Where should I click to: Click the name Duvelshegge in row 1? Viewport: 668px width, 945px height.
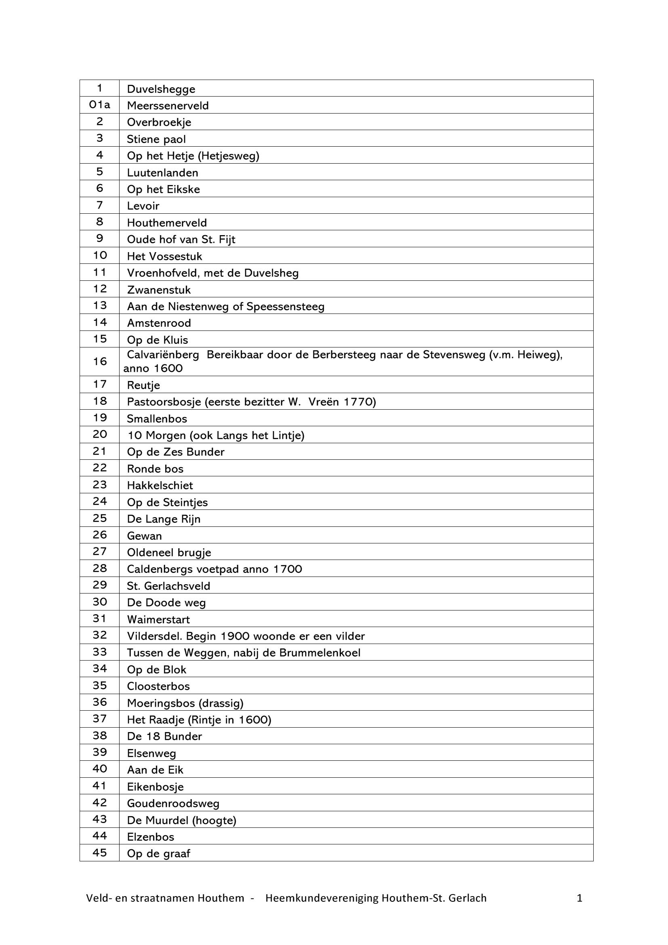tap(161, 89)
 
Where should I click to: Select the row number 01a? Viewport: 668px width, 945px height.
tap(99, 105)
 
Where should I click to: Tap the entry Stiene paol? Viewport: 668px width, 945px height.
tap(156, 139)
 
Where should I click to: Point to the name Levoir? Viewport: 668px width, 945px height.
tap(143, 206)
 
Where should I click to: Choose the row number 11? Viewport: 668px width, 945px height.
tap(99, 272)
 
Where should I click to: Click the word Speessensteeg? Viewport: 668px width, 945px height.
tap(285, 307)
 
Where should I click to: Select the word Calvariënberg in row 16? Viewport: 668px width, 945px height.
tap(163, 355)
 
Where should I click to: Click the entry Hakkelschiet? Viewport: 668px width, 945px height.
tap(160, 486)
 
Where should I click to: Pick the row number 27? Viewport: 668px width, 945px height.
tap(99, 551)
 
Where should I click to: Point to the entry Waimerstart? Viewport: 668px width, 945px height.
tap(158, 619)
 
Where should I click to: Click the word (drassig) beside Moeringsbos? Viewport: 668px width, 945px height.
tap(221, 703)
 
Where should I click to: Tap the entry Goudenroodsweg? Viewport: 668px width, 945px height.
tap(173, 804)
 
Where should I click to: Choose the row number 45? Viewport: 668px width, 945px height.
tap(99, 852)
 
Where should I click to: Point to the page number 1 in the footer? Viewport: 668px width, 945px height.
tap(580, 898)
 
